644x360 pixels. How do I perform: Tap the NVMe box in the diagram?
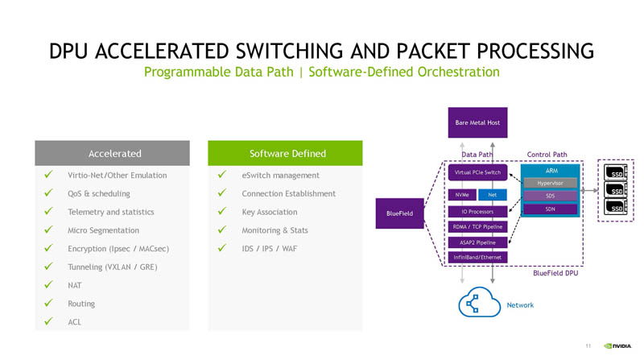click(461, 195)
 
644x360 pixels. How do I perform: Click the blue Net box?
click(492, 195)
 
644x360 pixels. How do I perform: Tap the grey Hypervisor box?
click(551, 183)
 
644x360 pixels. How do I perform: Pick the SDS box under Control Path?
click(551, 196)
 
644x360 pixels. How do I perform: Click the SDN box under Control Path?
click(551, 209)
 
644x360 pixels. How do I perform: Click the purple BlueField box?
click(400, 213)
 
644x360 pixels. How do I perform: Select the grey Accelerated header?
click(113, 153)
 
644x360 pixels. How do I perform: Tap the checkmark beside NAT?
click(49, 285)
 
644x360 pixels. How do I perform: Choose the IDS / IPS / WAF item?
click(270, 248)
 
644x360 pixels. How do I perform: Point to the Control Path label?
click(547, 154)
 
